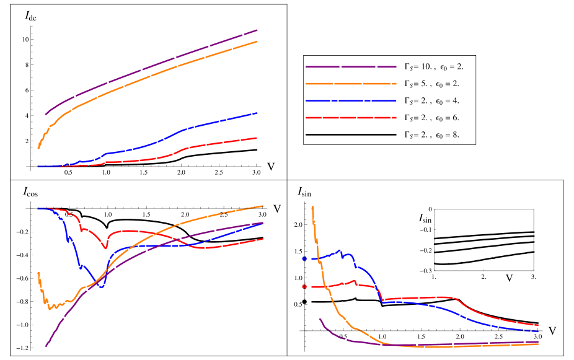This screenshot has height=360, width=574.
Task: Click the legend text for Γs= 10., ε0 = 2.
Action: [x=433, y=66]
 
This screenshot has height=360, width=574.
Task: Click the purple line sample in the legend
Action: [x=350, y=66]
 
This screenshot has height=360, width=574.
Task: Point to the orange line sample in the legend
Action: [x=350, y=84]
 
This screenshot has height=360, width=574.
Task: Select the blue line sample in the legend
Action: [x=350, y=100]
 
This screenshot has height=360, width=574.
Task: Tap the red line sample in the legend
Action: [x=350, y=118]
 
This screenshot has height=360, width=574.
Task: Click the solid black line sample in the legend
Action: [x=350, y=134]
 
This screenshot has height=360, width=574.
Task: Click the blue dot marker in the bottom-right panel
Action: [x=304, y=258]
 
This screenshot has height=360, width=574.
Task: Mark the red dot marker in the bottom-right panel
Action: [x=304, y=286]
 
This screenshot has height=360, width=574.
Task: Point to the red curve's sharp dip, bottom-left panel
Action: [x=105, y=248]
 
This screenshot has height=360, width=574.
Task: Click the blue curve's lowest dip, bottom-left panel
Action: [x=102, y=288]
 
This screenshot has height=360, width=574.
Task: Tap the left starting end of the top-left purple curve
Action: [x=45, y=115]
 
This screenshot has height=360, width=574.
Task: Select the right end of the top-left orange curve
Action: [x=257, y=42]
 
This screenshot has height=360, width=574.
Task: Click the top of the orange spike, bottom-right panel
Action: [x=312, y=207]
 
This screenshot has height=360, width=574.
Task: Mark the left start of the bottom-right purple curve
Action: [x=319, y=318]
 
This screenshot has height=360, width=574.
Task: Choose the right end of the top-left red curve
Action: [x=257, y=138]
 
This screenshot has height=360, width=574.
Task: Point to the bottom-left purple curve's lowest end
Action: [x=45, y=346]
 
